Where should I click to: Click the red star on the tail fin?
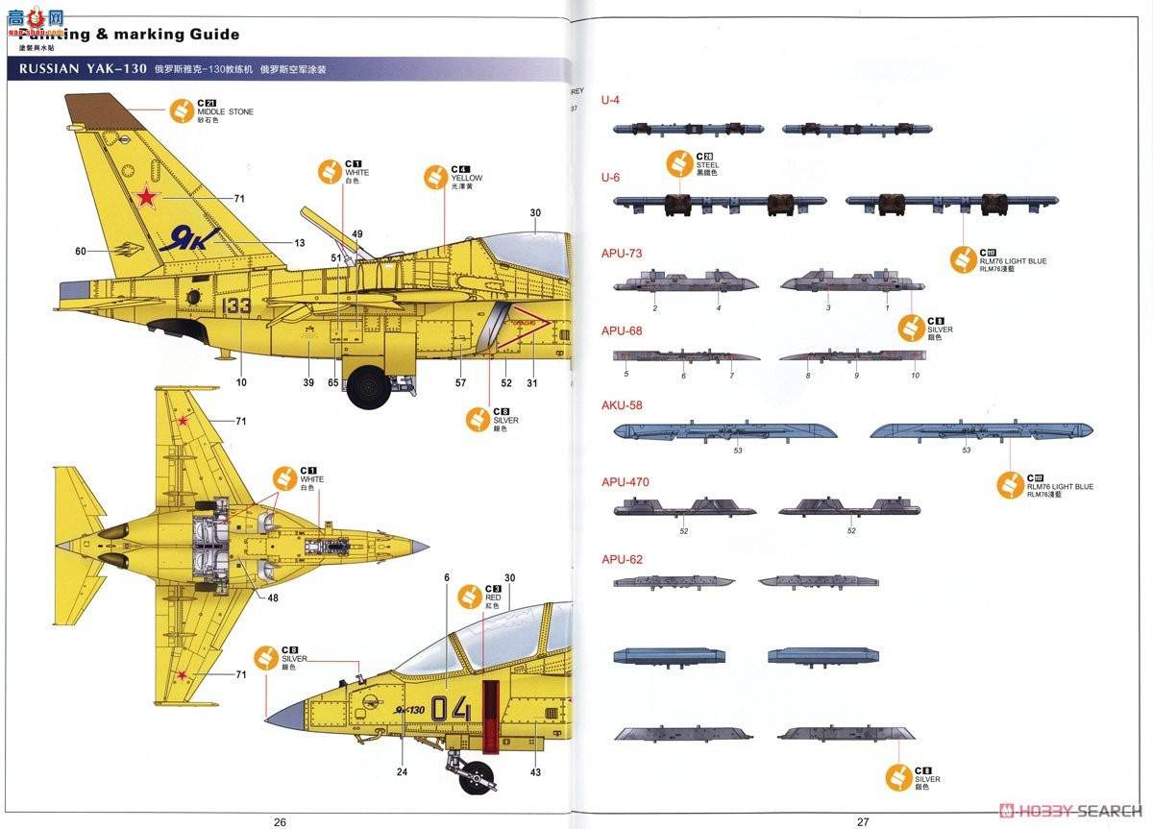pos(145,198)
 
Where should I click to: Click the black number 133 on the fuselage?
pos(235,305)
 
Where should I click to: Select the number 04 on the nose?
pos(451,709)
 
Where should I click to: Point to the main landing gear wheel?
pos(369,386)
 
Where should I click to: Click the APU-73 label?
pos(622,254)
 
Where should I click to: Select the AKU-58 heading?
pos(622,405)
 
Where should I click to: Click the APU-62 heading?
pos(622,559)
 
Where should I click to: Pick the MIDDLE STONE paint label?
pos(227,112)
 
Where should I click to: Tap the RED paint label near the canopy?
pos(493,597)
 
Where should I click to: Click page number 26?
pos(280,821)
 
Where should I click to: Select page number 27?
pos(862,821)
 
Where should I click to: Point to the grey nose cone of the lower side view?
pos(285,712)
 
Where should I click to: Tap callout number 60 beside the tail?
pos(81,252)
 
